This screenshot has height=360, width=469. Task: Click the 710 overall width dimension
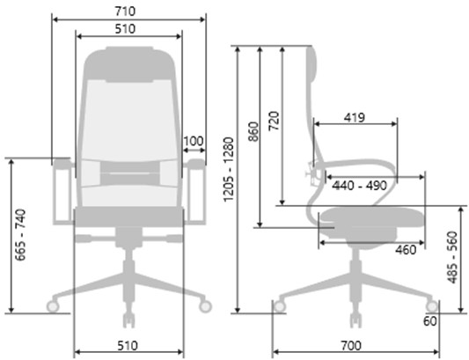[x=125, y=11]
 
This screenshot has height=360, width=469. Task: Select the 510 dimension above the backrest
[x=125, y=29]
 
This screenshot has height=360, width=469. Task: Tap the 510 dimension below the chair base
[x=128, y=346]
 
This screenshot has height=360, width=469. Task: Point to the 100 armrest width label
[x=194, y=141]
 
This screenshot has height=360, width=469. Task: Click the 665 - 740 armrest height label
[x=20, y=235]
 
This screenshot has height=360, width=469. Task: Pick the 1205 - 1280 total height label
[x=229, y=169]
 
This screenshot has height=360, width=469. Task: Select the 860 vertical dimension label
[x=253, y=131]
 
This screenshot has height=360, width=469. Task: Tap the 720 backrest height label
[x=274, y=121]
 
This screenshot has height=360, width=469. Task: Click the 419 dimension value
[x=355, y=118]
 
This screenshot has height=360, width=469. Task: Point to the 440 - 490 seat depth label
[x=360, y=186]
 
